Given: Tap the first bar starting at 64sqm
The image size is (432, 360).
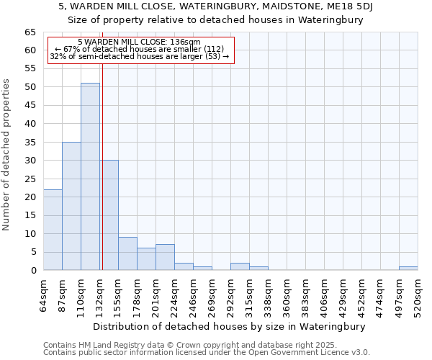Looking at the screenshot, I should (53, 230).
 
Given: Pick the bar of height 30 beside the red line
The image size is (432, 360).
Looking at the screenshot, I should (109, 215).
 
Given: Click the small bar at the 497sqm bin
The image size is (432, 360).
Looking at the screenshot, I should (408, 269).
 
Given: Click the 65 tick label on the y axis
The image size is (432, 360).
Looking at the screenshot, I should (30, 32).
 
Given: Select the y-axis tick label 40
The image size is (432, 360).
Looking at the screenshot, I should (30, 124).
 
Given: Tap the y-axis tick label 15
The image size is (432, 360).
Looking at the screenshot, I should (30, 215).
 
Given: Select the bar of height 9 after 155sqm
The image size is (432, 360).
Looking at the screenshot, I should (127, 253).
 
